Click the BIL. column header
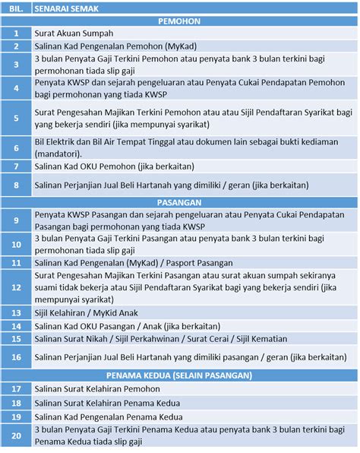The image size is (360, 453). [x=16, y=8]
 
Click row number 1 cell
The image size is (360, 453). [x=16, y=34]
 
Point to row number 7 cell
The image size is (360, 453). [x=16, y=166]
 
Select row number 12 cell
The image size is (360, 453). [x=16, y=288]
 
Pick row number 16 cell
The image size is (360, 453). [x=16, y=356]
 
